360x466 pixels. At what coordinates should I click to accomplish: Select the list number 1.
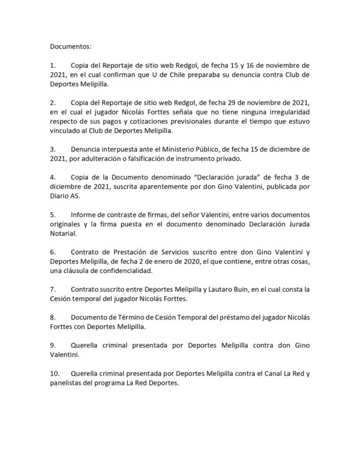click(x=53, y=64)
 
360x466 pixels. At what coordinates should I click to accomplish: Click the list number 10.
click(x=55, y=374)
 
